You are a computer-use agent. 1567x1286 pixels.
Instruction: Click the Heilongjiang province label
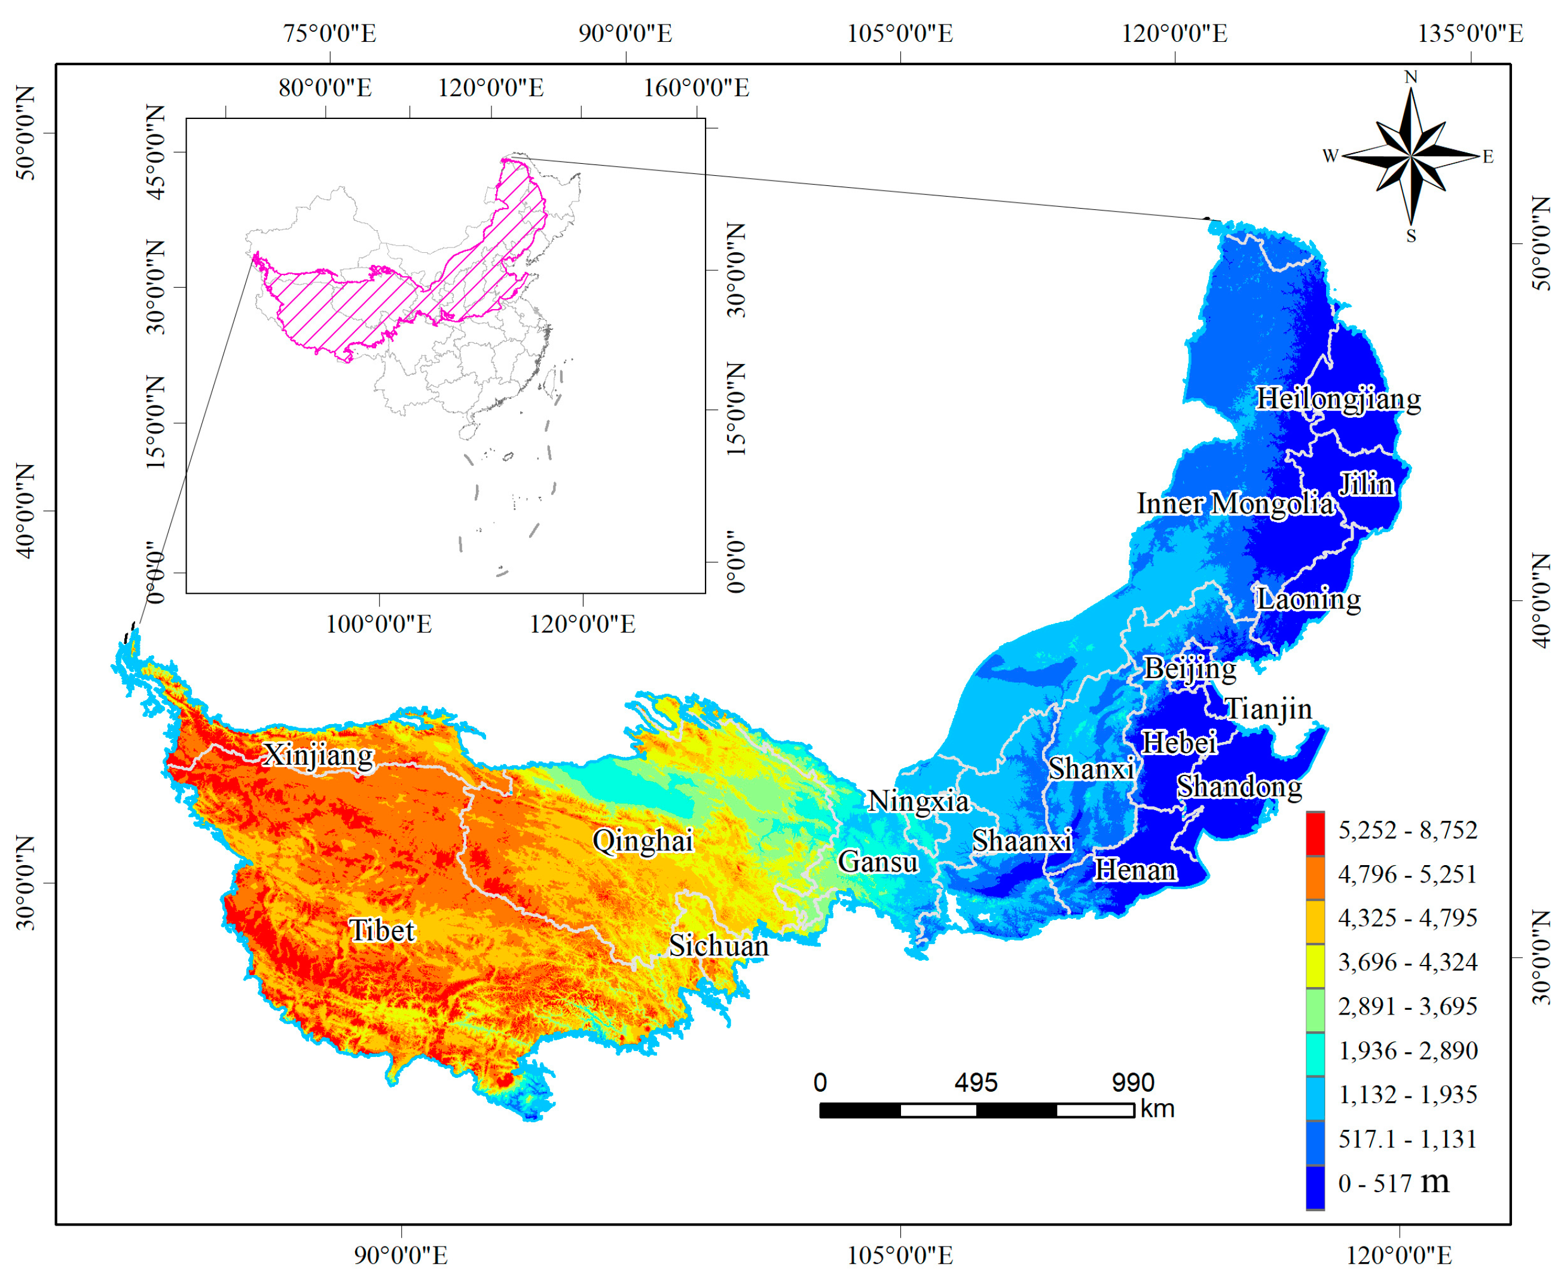click(x=1338, y=399)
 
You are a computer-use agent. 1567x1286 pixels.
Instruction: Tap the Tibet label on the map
click(x=381, y=931)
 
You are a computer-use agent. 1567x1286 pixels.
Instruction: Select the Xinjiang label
click(x=319, y=756)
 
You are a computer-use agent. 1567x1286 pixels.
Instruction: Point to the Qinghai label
click(x=642, y=841)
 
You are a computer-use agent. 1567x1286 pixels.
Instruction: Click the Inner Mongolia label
click(x=1235, y=505)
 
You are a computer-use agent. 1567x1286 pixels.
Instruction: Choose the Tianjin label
click(x=1269, y=709)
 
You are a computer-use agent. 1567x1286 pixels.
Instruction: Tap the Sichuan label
click(x=719, y=946)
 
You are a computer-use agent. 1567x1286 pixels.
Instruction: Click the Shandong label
click(x=1239, y=787)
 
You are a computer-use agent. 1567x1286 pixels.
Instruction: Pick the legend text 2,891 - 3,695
click(x=1407, y=1007)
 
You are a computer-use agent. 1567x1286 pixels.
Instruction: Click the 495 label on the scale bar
click(x=975, y=1083)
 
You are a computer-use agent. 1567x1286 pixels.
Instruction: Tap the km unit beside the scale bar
click(x=1157, y=1109)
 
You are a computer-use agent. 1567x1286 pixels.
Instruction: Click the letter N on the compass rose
click(x=1411, y=77)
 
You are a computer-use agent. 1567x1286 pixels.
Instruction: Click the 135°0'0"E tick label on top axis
click(x=1470, y=34)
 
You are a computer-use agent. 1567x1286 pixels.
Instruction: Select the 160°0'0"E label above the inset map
click(x=696, y=88)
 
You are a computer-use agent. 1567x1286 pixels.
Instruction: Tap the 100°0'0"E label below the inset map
click(x=378, y=624)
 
